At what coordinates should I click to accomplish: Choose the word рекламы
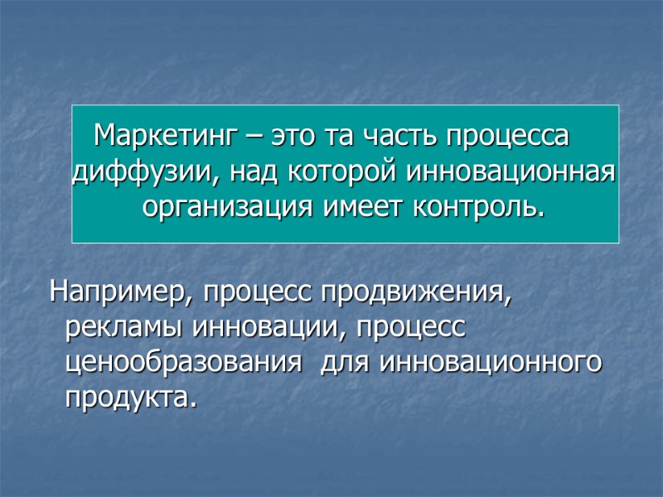coord(123,328)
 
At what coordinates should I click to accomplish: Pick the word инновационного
coord(490,364)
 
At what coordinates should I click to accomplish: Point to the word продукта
coord(131,399)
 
